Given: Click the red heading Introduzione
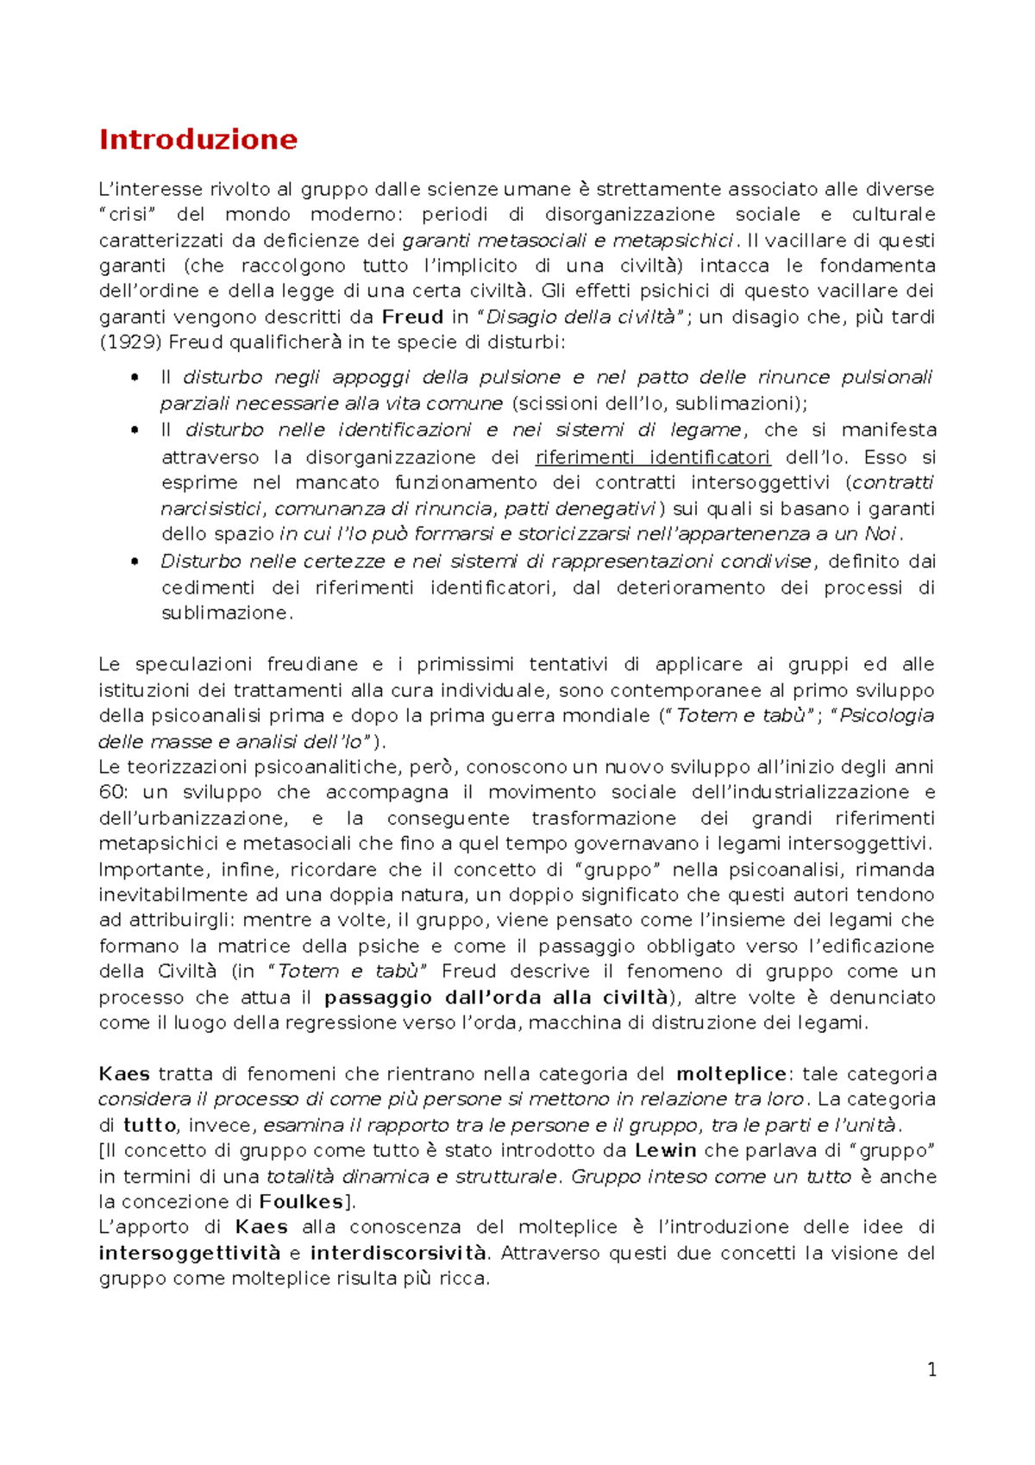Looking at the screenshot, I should click(x=198, y=139).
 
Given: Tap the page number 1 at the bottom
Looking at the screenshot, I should click(x=931, y=1369).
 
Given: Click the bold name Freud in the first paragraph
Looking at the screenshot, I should click(x=412, y=317).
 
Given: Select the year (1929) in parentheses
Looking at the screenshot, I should click(x=129, y=343).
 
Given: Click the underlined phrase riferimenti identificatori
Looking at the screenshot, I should click(x=652, y=457).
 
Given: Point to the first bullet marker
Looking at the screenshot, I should click(x=134, y=378).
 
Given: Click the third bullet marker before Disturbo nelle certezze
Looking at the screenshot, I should click(x=134, y=563).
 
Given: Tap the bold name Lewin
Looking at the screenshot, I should click(x=665, y=1150).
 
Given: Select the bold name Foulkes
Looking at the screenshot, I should click(x=301, y=1202).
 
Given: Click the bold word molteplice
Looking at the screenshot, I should click(x=731, y=1074).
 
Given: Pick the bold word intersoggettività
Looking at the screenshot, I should click(x=190, y=1253).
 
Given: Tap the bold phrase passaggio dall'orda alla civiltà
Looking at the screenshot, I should click(x=496, y=997).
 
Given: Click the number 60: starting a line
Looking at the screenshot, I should click(x=113, y=792).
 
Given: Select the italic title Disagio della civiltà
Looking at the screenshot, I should click(x=581, y=317).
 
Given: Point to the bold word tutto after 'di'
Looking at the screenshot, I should click(x=149, y=1125).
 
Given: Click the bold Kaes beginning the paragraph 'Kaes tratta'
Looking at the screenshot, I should click(x=124, y=1074).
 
